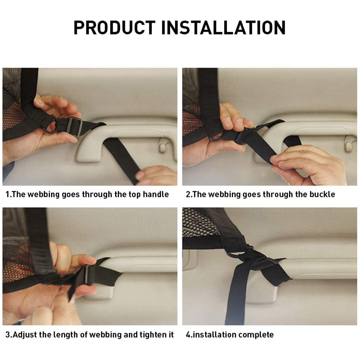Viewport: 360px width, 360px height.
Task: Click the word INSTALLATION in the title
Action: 223,28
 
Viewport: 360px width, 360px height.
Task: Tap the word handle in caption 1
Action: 156,195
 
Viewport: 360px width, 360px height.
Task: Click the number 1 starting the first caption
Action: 8,195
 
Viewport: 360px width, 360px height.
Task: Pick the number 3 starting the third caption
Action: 8,335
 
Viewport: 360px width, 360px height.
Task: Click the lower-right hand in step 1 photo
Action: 157,176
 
